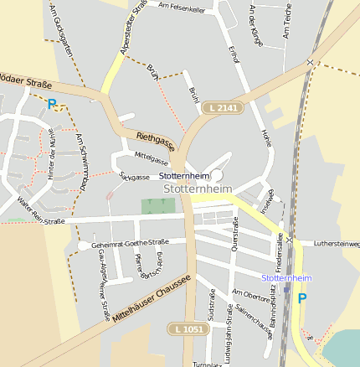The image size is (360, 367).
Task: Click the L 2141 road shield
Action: [x=224, y=107]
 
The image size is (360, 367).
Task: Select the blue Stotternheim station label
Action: [x=286, y=277]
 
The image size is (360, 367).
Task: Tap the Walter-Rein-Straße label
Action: [x=40, y=212]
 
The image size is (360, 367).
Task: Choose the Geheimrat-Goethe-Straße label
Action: [x=124, y=243]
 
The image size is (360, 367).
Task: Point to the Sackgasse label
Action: [x=135, y=177]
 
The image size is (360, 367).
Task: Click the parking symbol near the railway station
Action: [x=302, y=297]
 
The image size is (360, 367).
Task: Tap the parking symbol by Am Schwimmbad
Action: [x=52, y=105]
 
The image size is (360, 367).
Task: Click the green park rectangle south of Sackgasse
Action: [x=152, y=205]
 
